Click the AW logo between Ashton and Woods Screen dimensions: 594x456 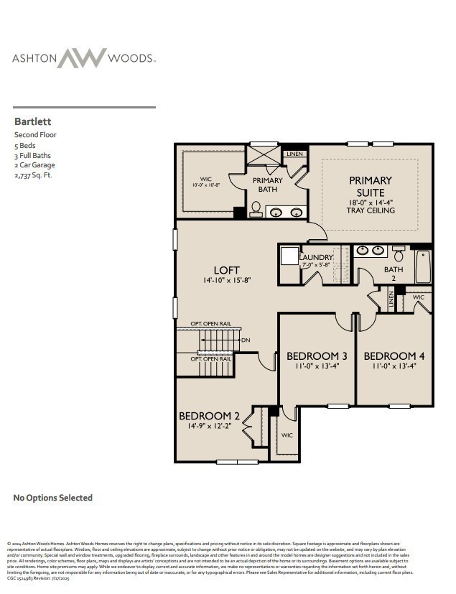82,58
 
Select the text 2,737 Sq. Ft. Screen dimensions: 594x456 33,175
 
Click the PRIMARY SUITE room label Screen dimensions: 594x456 371,186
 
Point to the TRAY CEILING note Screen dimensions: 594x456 371,210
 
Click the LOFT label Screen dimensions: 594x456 226,270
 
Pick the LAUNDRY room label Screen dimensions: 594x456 316,257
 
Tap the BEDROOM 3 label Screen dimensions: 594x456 317,356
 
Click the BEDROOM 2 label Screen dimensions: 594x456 209,416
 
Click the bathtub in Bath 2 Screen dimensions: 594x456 423,266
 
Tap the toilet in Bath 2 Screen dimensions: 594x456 399,254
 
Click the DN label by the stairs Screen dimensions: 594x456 246,340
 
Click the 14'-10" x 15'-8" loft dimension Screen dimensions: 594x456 226,280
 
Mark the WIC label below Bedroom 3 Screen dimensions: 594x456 287,435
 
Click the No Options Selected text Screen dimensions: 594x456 53,498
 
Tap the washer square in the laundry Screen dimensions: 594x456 290,257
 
